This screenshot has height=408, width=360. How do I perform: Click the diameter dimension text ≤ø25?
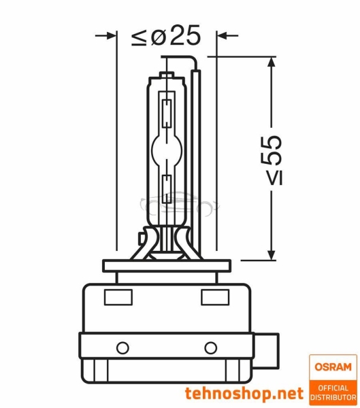click(166, 36)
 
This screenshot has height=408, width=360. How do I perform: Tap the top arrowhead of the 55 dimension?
click(272, 63)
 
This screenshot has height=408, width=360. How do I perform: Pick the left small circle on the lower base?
click(122, 347)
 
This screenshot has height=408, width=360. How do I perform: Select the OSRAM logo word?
click(332, 367)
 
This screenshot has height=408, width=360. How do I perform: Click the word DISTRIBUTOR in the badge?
click(332, 395)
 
